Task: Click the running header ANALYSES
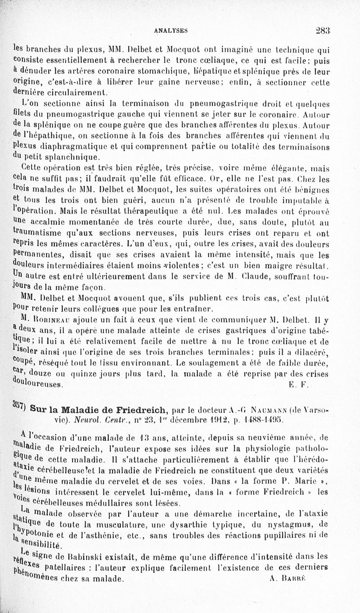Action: click(x=170, y=31)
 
